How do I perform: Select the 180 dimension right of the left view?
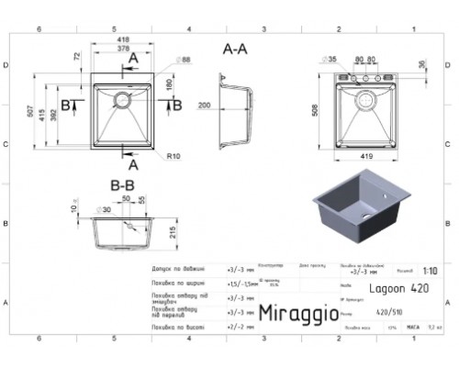(169, 84)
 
